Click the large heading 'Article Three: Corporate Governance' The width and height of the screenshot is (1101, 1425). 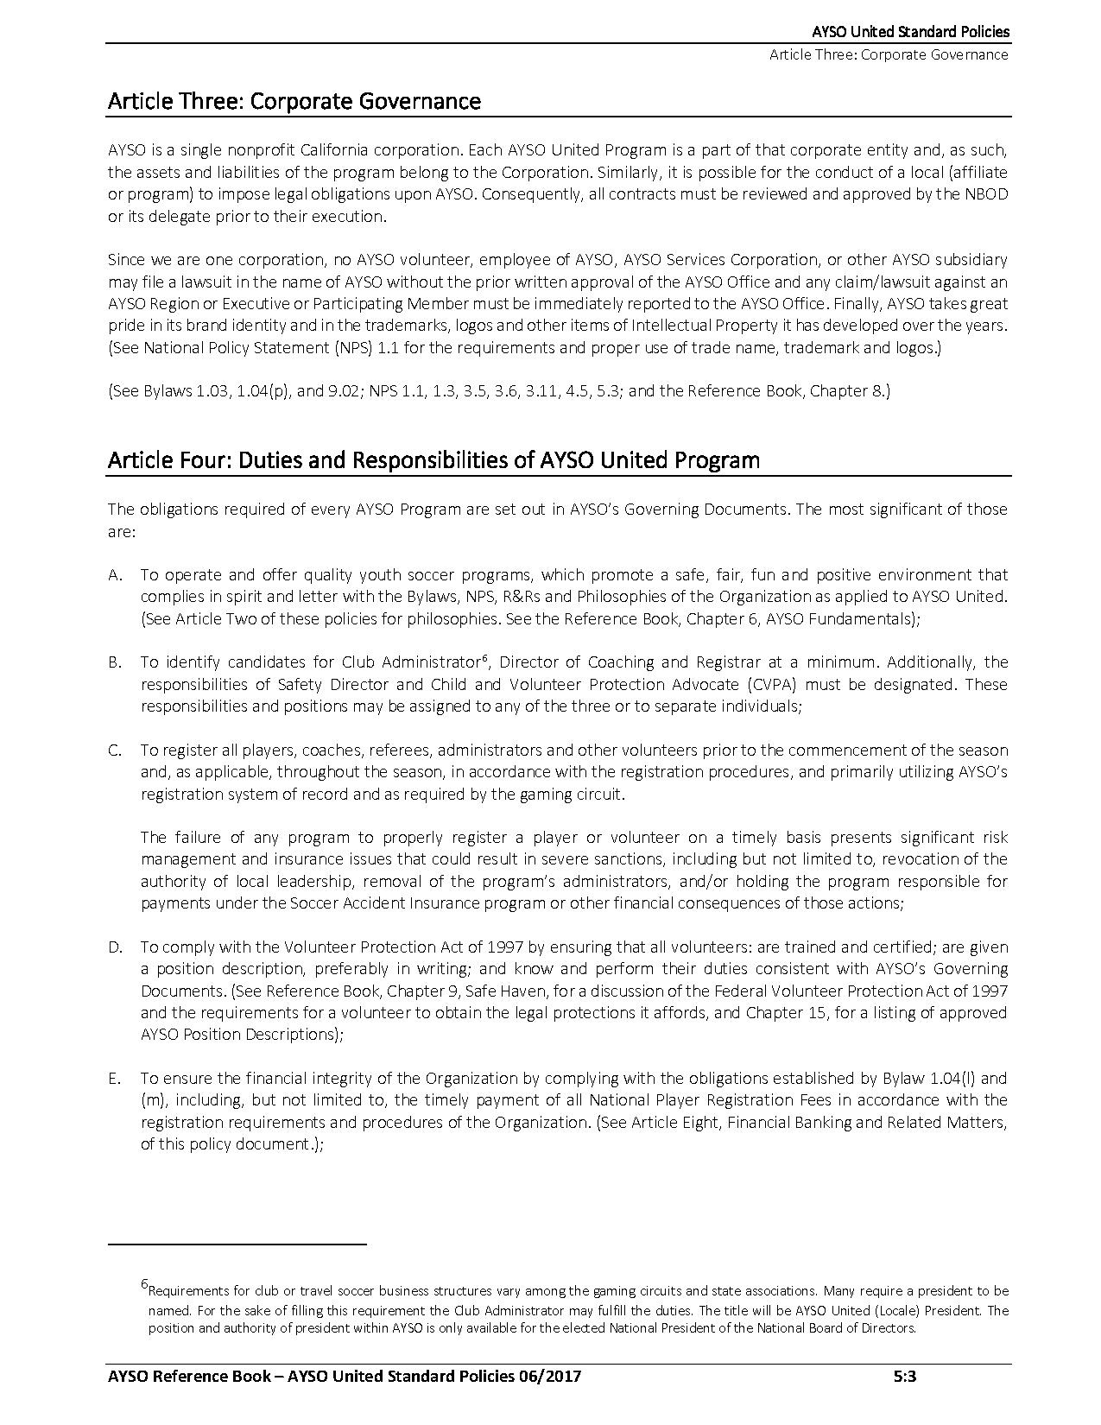294,101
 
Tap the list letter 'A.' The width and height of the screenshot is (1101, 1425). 115,575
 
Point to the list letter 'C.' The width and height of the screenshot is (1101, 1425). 115,750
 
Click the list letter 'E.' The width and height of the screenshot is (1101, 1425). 114,1079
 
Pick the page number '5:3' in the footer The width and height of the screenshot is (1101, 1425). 904,1377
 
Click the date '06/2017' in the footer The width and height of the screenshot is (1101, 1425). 547,1377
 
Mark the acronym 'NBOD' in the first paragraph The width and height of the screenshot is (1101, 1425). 985,194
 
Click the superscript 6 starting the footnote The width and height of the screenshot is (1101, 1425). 144,1285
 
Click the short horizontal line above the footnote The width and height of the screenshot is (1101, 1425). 237,1244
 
